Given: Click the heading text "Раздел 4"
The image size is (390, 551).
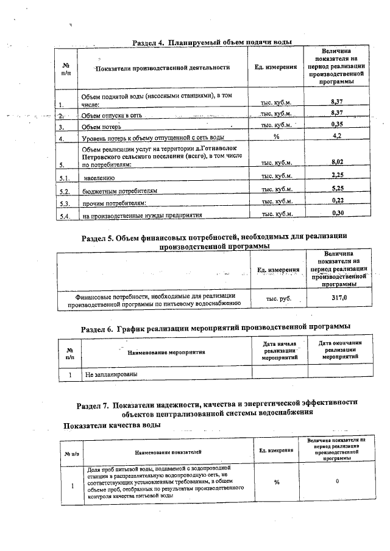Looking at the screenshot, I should [149, 42].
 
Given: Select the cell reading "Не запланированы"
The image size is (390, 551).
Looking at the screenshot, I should [112, 373].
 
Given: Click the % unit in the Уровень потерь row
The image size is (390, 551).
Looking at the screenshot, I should [276, 137].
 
